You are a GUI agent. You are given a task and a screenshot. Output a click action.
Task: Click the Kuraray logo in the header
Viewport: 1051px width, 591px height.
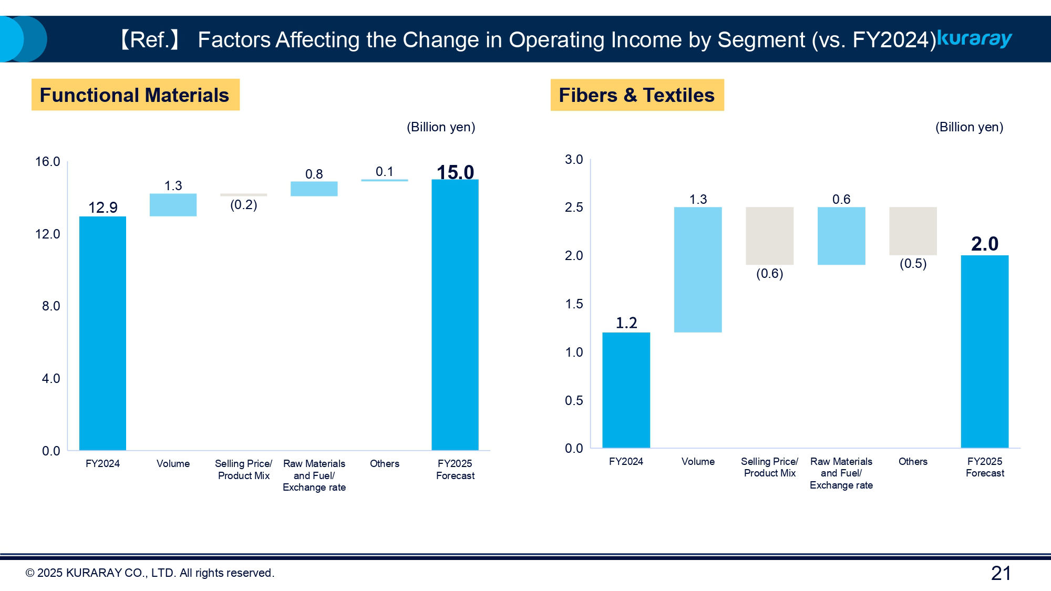click(975, 39)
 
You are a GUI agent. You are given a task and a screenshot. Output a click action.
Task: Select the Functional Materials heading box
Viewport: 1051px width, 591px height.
click(135, 95)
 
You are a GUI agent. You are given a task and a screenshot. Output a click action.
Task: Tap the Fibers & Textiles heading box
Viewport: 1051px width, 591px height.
click(637, 95)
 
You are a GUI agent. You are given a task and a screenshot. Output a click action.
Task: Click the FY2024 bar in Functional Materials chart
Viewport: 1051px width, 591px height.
click(102, 333)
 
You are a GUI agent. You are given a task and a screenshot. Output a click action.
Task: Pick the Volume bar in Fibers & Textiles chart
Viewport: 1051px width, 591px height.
click(698, 269)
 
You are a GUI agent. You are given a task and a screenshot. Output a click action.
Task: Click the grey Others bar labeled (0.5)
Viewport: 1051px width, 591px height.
click(913, 231)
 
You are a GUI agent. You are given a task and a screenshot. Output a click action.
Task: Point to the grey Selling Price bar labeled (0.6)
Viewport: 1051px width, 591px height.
click(769, 236)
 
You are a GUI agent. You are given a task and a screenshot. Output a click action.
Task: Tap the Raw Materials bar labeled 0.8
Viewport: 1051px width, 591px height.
click(314, 189)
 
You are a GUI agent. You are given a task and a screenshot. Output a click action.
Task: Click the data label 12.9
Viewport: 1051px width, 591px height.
click(102, 208)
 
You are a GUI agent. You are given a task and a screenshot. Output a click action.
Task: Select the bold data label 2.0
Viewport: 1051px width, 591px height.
click(984, 244)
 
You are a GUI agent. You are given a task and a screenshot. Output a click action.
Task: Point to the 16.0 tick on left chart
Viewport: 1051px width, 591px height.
click(47, 162)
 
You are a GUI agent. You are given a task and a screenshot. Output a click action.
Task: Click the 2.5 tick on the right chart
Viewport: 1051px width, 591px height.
click(574, 208)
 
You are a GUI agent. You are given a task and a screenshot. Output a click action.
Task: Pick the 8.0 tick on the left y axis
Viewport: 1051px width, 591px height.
click(50, 306)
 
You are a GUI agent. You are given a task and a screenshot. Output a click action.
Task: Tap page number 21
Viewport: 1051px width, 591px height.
click(1001, 573)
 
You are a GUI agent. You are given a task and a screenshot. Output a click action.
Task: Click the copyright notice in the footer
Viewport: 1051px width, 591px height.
click(150, 573)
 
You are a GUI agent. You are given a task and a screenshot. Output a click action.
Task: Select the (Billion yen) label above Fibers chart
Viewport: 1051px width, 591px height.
click(969, 127)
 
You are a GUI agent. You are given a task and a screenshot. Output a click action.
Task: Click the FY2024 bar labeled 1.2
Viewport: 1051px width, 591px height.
click(626, 390)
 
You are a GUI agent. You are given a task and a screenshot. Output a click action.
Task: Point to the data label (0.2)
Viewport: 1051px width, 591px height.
click(243, 205)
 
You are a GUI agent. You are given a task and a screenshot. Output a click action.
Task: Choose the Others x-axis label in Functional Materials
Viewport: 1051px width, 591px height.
click(384, 463)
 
